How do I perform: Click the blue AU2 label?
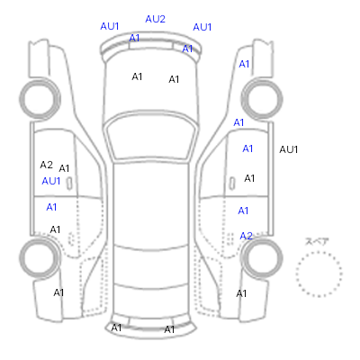[155, 19]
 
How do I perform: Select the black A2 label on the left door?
[46, 165]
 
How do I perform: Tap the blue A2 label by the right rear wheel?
[246, 236]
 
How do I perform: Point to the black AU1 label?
[288, 149]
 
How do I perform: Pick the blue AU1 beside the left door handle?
[51, 181]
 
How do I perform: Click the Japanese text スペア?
[317, 241]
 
